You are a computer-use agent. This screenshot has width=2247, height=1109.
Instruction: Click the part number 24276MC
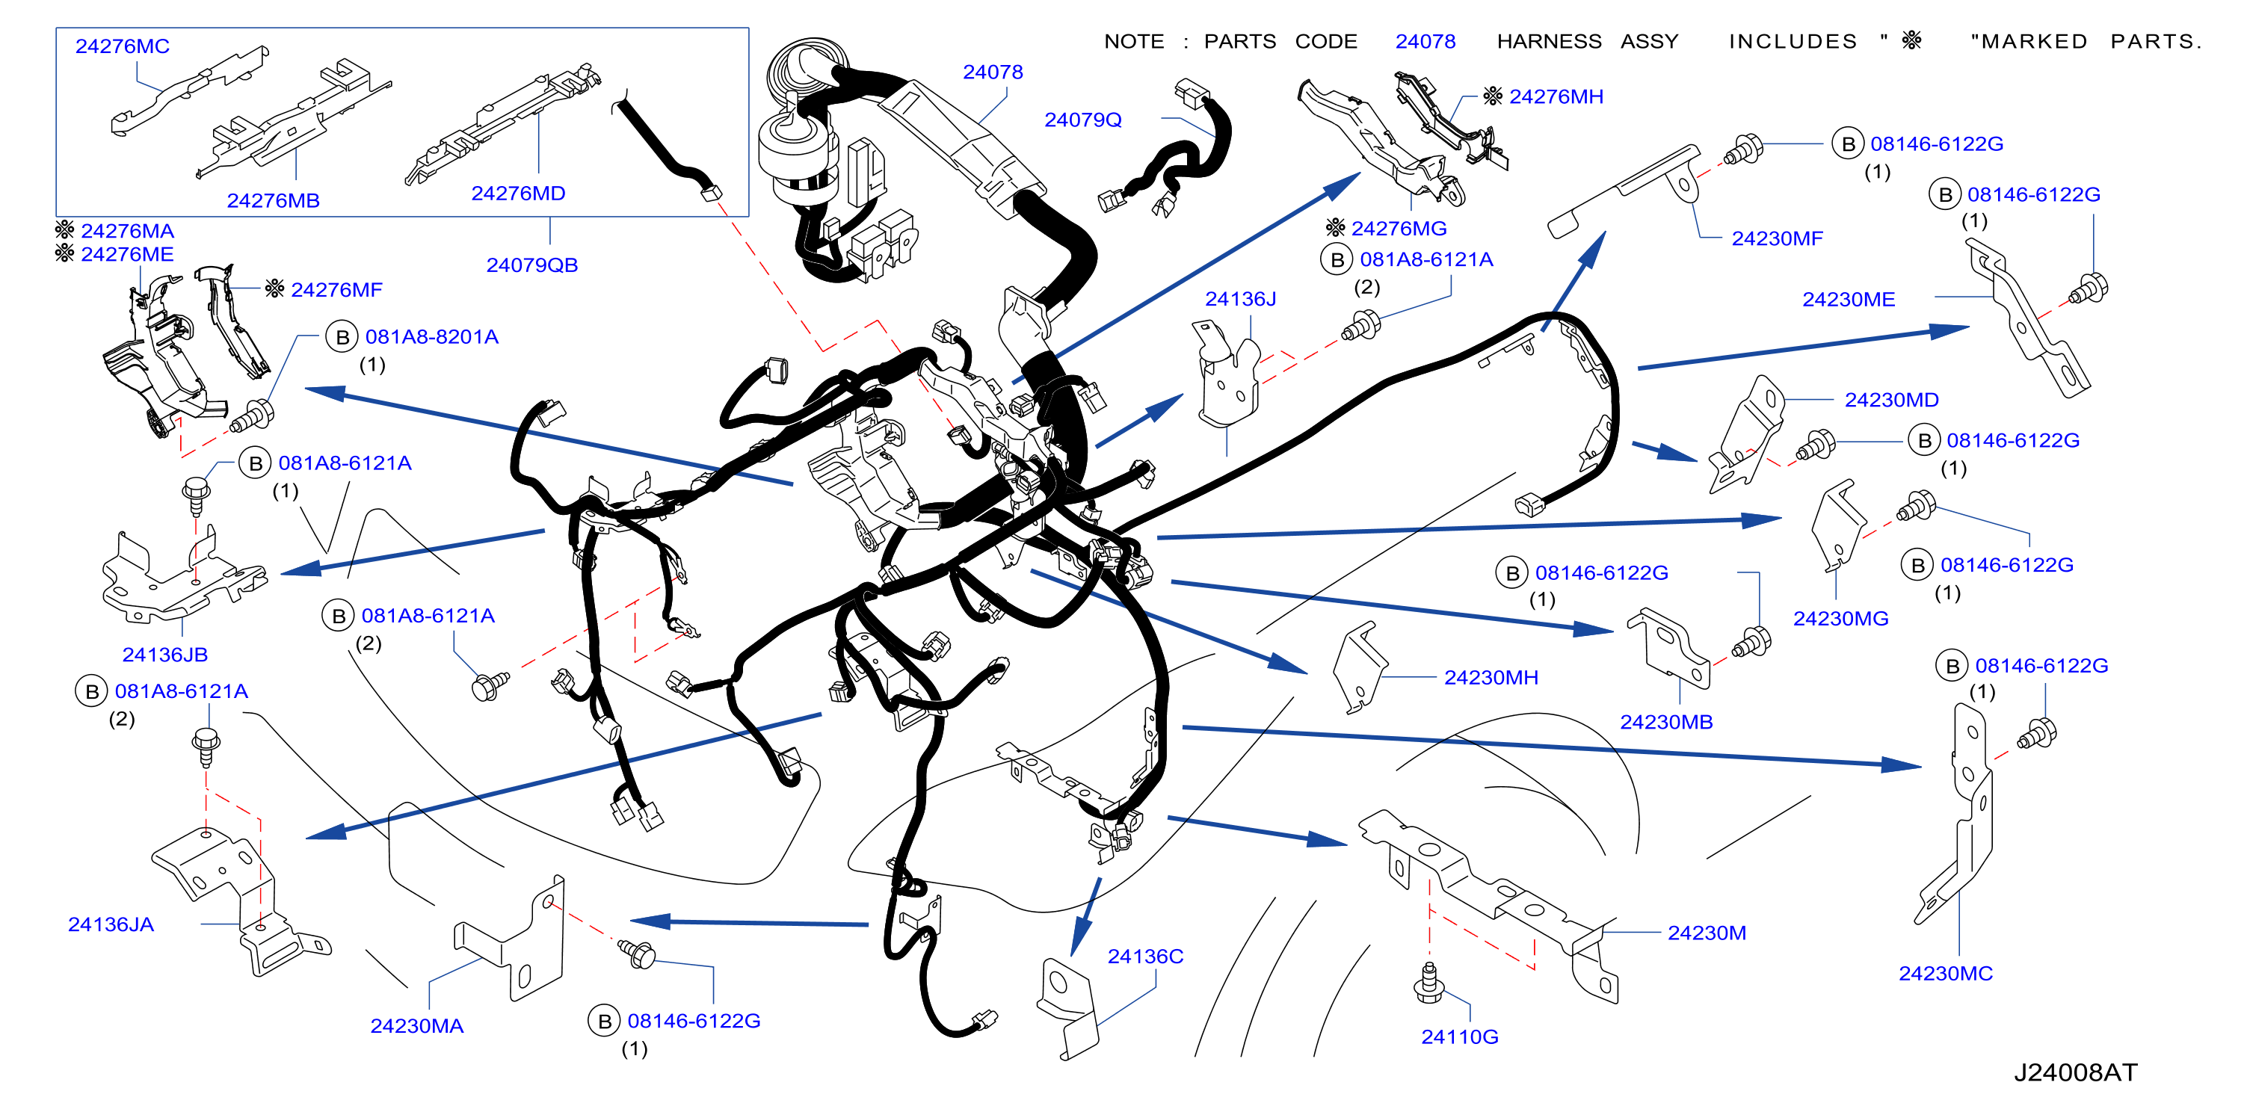point(122,46)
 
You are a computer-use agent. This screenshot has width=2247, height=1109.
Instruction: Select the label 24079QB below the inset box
point(532,265)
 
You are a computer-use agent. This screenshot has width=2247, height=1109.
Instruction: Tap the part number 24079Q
point(1083,120)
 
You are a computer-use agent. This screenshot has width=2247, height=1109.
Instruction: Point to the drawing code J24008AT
point(2075,1072)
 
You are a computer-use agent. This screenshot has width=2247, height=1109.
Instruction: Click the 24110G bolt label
point(1459,1037)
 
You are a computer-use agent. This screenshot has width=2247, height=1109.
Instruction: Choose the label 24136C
point(1145,957)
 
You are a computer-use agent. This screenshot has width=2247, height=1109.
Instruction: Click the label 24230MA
point(417,1026)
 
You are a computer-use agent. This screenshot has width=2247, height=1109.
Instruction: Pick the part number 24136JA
point(111,925)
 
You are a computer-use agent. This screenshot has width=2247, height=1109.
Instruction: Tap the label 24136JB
point(165,655)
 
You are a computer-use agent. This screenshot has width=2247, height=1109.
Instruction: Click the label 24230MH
point(1491,677)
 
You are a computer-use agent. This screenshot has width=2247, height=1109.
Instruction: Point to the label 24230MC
point(1945,974)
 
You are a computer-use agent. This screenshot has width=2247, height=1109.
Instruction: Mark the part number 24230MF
point(1777,239)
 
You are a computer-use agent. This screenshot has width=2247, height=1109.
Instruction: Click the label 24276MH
point(1556,97)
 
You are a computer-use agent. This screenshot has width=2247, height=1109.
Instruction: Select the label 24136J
point(1240,299)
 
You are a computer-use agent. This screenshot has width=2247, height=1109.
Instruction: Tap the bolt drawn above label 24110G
point(1428,983)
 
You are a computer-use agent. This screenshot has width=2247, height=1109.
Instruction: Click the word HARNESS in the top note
point(1549,42)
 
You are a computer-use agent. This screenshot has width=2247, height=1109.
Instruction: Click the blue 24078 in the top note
point(1425,42)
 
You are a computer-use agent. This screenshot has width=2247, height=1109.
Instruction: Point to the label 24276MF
point(336,289)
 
